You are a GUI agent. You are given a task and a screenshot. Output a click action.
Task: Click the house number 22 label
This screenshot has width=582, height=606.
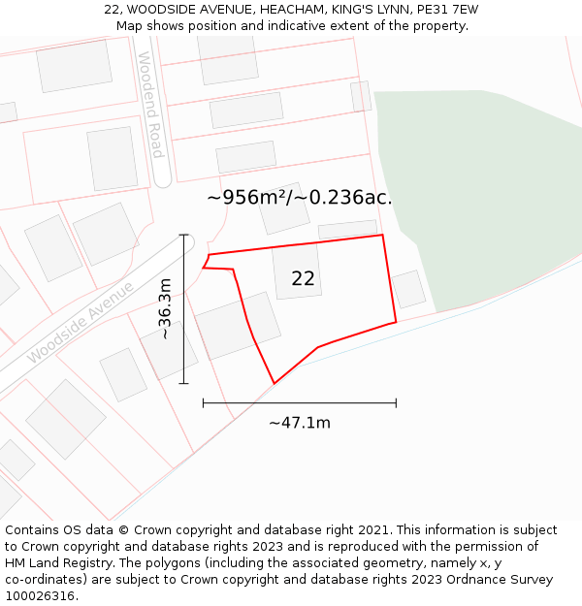click(303, 278)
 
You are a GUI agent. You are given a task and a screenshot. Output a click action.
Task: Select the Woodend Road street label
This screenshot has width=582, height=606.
click(150, 105)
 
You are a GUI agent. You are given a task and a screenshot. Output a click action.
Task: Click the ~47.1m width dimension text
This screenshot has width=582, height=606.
click(300, 423)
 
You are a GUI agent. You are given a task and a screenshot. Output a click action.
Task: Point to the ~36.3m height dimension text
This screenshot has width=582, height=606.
click(165, 308)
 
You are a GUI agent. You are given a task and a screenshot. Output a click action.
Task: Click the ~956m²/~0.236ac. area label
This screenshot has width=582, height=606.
click(299, 198)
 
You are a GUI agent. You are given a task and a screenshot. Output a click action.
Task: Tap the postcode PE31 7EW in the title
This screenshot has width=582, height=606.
click(447, 10)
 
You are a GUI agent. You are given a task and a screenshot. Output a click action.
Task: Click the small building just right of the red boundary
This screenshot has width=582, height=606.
click(408, 289)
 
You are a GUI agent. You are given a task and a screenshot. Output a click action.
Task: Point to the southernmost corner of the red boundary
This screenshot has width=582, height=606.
click(275, 384)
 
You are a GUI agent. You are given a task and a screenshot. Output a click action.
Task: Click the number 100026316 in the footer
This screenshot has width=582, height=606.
click(40, 596)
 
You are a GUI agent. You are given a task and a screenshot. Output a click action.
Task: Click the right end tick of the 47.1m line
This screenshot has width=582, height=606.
click(396, 402)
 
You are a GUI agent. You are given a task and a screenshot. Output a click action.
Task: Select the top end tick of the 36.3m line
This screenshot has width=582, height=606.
click(183, 235)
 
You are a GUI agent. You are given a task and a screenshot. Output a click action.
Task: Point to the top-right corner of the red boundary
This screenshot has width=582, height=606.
click(382, 235)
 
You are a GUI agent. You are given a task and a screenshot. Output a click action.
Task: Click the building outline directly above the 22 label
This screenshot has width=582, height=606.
click(284, 208)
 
